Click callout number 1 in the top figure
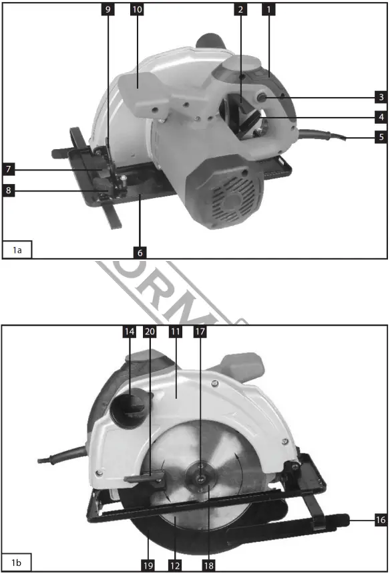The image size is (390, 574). pyautogui.click(x=268, y=9)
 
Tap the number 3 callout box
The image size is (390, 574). pyautogui.click(x=381, y=97)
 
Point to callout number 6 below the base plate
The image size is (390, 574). pyautogui.click(x=140, y=253)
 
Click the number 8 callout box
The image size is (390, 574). pyautogui.click(x=8, y=191)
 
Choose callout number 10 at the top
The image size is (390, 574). pyautogui.click(x=137, y=9)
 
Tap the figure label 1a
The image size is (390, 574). pyautogui.click(x=17, y=250)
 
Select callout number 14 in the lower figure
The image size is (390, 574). pyautogui.click(x=129, y=330)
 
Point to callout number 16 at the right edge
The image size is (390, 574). pyautogui.click(x=381, y=519)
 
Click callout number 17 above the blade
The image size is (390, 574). pyautogui.click(x=199, y=330)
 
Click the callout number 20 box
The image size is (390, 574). pyautogui.click(x=150, y=330)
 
